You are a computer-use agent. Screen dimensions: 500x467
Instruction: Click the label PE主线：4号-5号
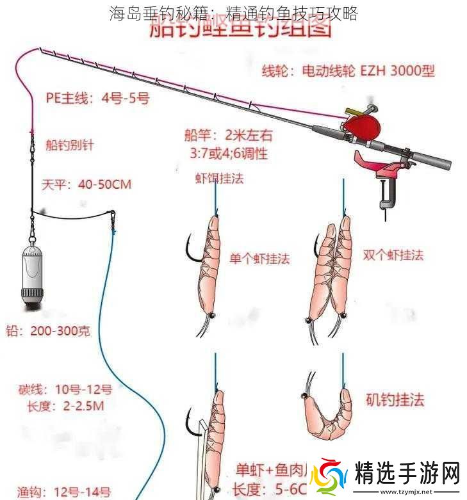[97, 99]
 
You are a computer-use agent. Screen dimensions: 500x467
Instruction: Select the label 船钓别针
[69, 145]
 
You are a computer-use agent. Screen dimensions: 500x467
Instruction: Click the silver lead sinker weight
[31, 272]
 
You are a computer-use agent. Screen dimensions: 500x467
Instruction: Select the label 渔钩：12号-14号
[64, 492]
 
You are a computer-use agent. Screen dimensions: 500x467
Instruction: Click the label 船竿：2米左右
[228, 135]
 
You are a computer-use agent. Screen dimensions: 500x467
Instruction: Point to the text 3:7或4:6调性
[229, 154]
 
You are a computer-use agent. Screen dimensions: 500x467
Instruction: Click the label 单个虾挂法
[259, 259]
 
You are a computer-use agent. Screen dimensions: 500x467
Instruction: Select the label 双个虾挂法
[393, 254]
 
